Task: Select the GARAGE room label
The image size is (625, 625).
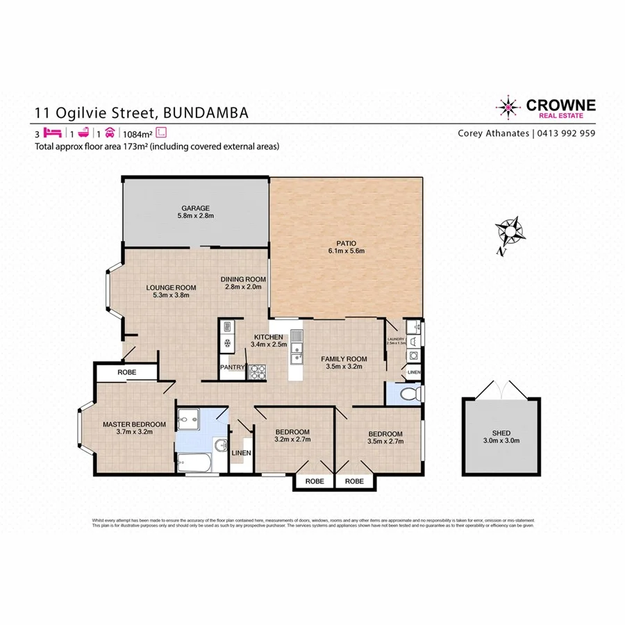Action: (195, 208)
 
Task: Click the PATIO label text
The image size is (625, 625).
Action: (346, 242)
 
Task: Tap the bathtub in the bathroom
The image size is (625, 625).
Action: (194, 462)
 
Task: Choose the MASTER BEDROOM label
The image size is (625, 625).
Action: (134, 424)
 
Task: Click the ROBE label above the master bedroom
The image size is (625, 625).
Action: (127, 372)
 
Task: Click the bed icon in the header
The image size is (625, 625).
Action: (51, 133)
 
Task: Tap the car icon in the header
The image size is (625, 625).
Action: (110, 133)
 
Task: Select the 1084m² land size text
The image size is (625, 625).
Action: (137, 133)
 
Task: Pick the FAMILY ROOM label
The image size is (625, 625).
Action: (343, 359)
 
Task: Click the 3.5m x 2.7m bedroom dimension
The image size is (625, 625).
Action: (385, 442)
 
